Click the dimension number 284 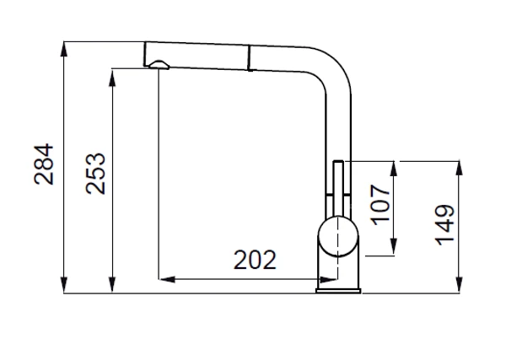tap(44, 164)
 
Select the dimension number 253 tap(96, 174)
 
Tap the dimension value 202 tap(255, 260)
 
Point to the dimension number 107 tap(380, 205)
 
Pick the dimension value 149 tap(445, 224)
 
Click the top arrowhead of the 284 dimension tap(64, 49)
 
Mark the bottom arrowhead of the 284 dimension tap(64, 286)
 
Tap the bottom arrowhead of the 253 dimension tap(112, 286)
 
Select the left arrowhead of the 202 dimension tap(167, 279)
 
